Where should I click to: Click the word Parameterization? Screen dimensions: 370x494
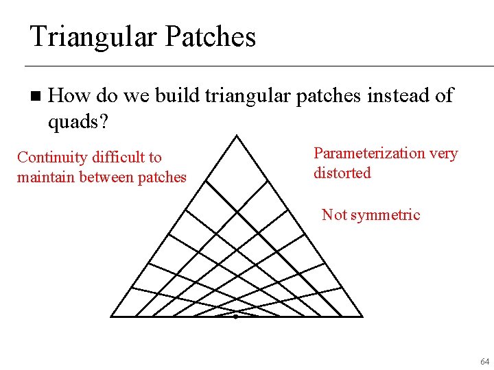click(x=369, y=153)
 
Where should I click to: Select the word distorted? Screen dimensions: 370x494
click(x=342, y=173)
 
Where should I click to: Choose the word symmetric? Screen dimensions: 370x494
click(x=384, y=215)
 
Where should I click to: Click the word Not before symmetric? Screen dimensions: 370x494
click(x=334, y=215)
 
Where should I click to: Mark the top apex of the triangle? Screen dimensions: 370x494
click(x=236, y=136)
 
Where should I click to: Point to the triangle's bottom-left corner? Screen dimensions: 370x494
click(x=112, y=317)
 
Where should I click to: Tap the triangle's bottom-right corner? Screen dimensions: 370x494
click(x=362, y=317)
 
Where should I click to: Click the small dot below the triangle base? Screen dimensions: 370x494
click(x=235, y=317)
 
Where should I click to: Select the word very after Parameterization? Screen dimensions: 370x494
click(x=443, y=153)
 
